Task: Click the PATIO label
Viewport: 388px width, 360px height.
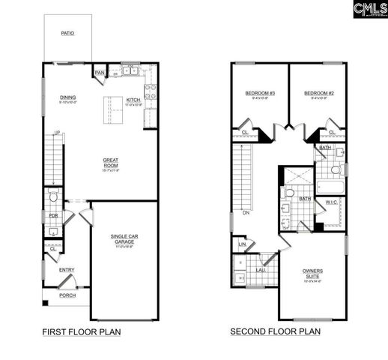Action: click(67, 34)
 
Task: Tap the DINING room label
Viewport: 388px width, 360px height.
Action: click(67, 97)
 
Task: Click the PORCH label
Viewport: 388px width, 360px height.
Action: click(67, 295)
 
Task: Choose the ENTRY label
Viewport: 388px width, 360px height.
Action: click(67, 270)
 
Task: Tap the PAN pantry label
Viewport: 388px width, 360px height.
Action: click(100, 73)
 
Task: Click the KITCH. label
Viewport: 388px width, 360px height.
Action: click(134, 100)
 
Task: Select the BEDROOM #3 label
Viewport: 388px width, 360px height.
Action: click(260, 94)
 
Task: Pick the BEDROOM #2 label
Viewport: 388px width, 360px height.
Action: click(318, 94)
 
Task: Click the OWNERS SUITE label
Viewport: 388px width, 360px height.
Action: click(313, 273)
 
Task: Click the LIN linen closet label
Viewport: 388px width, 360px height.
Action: click(242, 244)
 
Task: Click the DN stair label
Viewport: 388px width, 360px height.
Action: click(246, 212)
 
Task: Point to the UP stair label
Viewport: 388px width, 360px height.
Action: click(56, 133)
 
